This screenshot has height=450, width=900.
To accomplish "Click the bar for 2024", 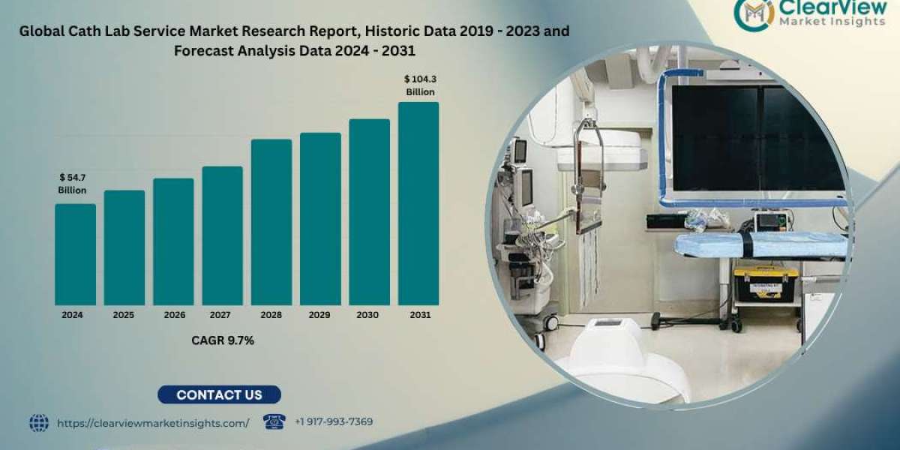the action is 76,255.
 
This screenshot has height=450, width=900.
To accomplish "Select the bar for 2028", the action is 271,222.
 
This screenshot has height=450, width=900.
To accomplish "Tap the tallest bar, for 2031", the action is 418,204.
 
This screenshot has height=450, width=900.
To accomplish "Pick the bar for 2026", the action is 173,241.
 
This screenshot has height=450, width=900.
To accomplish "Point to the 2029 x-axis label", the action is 319,315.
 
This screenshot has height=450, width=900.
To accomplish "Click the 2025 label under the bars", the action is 123,315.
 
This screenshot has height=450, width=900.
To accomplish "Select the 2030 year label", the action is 367,315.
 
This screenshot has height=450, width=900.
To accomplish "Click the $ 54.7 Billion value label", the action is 72,184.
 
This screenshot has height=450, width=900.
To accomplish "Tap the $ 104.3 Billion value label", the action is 420,85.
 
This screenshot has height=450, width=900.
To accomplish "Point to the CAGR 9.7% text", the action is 223,340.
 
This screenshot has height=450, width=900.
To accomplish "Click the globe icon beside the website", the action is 39,423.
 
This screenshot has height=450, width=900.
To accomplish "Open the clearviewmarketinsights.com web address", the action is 153,424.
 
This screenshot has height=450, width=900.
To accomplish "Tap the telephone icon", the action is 274,421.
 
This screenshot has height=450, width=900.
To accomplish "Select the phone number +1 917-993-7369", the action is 334,421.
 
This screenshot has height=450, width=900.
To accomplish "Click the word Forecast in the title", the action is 204,51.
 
